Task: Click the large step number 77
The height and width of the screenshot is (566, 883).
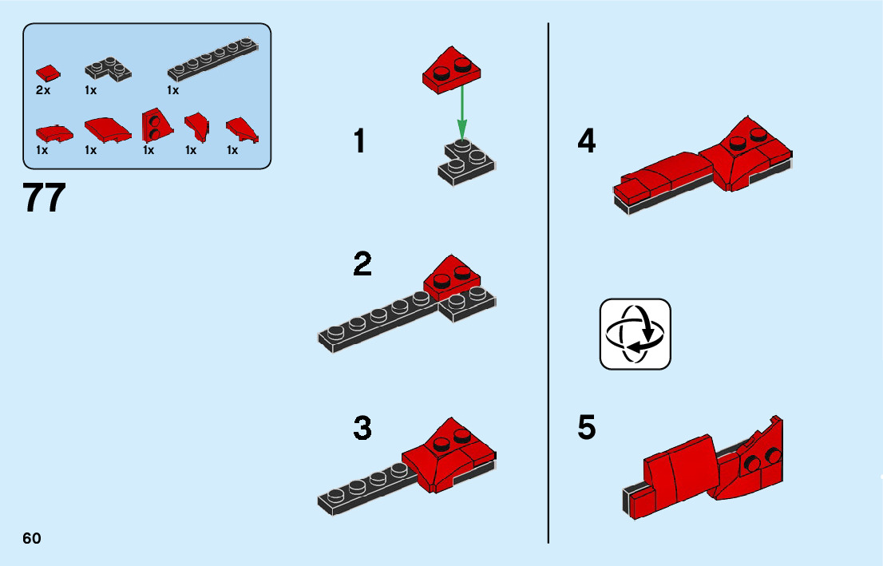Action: click(x=45, y=198)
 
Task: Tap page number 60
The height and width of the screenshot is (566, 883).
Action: click(x=32, y=538)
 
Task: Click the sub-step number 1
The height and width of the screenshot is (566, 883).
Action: click(x=360, y=142)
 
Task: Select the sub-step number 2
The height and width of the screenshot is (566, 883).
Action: click(x=362, y=263)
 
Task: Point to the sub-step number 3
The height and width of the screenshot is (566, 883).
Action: click(x=362, y=429)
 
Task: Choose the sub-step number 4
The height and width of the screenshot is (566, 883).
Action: click(x=587, y=142)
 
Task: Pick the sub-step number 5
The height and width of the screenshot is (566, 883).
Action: click(x=587, y=429)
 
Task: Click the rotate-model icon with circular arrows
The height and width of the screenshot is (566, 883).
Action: click(x=636, y=334)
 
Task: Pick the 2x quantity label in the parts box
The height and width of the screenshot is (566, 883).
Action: click(x=43, y=90)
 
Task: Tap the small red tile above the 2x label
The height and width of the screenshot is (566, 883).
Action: click(x=47, y=73)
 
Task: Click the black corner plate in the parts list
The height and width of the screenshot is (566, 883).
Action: click(x=108, y=69)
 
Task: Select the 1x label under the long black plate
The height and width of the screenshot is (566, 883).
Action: click(x=172, y=90)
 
